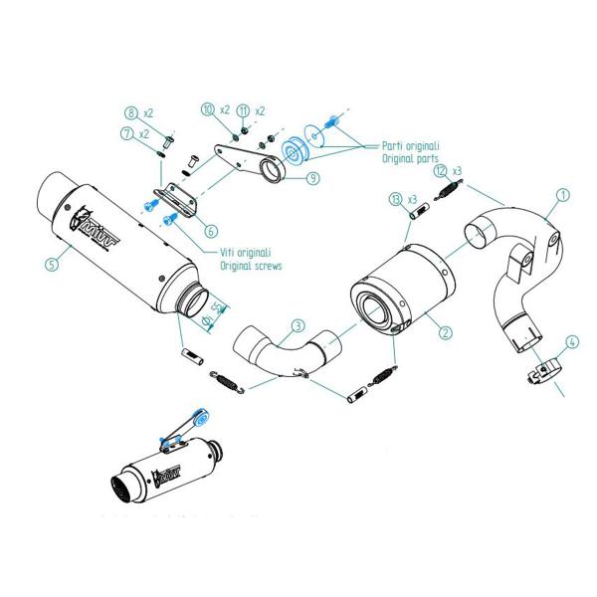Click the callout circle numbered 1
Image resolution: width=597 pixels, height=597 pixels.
click(563, 196)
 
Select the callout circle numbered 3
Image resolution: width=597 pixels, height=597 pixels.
click(297, 325)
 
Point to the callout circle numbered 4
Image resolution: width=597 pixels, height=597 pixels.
click(571, 341)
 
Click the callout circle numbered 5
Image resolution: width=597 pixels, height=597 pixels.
click(51, 265)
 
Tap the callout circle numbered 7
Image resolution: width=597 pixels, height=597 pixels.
click(128, 133)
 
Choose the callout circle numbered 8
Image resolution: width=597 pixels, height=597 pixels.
click(131, 112)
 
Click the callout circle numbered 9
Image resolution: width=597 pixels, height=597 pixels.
click(312, 179)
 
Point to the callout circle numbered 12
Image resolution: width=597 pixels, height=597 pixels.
click(441, 171)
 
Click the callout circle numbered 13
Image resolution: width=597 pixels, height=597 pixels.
click(396, 200)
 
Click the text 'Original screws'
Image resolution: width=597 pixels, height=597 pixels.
click(251, 267)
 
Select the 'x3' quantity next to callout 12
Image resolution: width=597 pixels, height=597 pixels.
click(458, 171)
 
